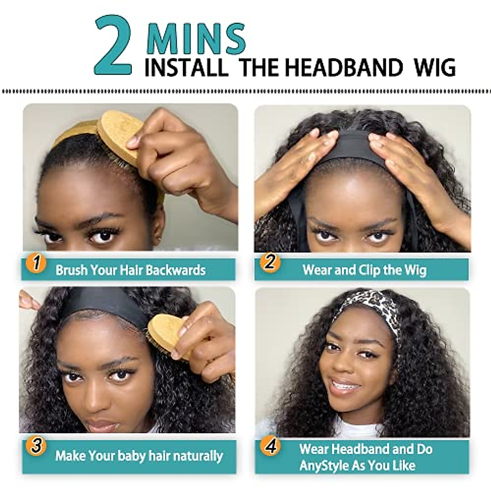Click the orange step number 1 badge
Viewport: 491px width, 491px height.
(x=36, y=263)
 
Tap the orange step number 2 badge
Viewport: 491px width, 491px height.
(x=270, y=262)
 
